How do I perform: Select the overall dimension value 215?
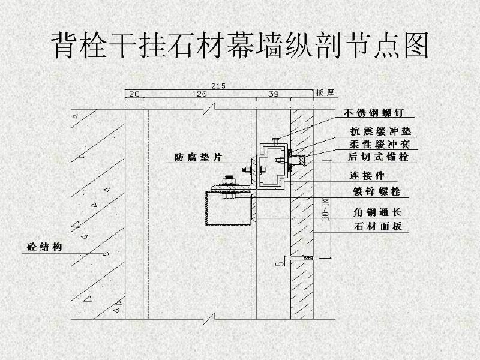(x=218, y=86)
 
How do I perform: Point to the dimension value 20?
(x=133, y=94)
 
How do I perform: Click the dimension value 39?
(x=274, y=94)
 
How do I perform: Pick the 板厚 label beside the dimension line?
(x=324, y=94)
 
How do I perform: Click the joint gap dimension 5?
(x=277, y=261)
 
